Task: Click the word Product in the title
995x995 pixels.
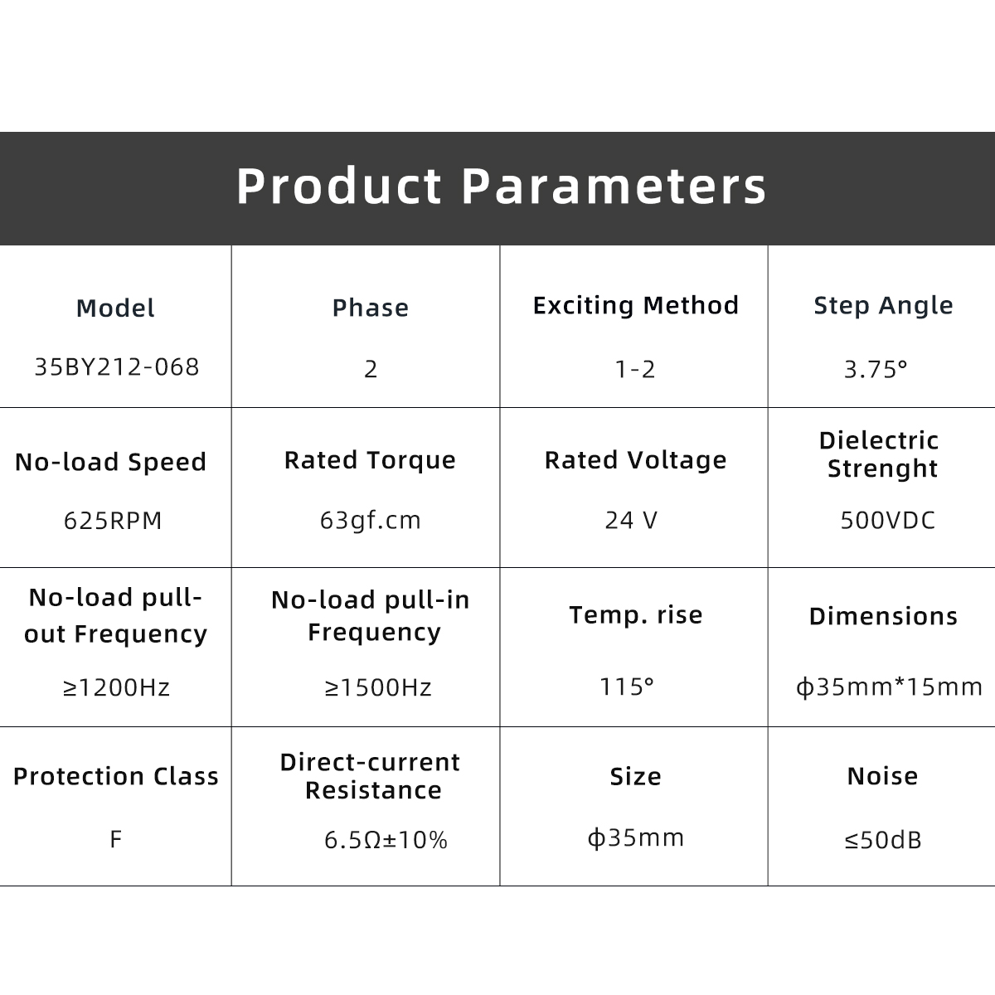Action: (x=339, y=186)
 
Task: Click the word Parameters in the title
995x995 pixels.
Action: (x=614, y=186)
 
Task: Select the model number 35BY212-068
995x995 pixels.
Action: (x=117, y=367)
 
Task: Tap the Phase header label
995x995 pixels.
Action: (x=370, y=308)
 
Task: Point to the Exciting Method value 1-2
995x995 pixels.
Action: (x=635, y=369)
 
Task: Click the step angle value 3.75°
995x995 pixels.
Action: (x=876, y=369)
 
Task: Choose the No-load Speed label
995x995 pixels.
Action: (x=110, y=462)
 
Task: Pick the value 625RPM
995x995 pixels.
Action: (x=113, y=520)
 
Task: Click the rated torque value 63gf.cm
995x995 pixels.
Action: (x=370, y=520)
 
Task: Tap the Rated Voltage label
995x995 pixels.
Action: (x=636, y=460)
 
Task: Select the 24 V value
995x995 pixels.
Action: (x=632, y=520)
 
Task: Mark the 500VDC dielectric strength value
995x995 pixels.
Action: (x=887, y=520)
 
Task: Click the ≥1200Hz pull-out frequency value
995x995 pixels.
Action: (x=116, y=687)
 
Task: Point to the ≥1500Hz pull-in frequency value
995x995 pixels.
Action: (x=378, y=687)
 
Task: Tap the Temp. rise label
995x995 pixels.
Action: (x=636, y=615)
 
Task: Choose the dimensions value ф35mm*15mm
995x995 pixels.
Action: (x=889, y=687)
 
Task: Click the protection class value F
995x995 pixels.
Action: (x=115, y=839)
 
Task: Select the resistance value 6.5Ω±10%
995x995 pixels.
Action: (x=386, y=840)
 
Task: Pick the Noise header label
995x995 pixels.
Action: (x=882, y=776)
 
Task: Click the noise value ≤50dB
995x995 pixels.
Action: (x=883, y=840)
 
